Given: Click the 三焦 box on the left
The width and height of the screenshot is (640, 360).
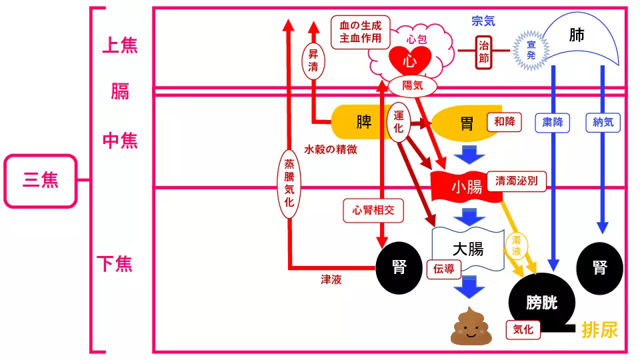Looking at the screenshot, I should click(41, 180).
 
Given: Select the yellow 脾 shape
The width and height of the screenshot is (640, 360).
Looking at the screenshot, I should click(363, 122).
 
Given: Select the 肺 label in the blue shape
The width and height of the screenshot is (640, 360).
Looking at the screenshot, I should click(577, 35).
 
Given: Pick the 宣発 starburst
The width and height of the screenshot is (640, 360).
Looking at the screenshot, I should click(531, 51).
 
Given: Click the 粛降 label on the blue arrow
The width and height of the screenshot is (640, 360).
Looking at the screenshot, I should click(553, 122).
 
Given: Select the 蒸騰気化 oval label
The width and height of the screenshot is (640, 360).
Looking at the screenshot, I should click(289, 184).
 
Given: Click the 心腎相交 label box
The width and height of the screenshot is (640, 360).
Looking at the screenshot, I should click(373, 211).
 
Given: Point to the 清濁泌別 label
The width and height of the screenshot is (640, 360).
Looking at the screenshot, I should click(517, 180).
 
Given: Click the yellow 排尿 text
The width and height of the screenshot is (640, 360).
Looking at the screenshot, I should click(599, 329).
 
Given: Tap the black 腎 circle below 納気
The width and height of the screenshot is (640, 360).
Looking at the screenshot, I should click(599, 267).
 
